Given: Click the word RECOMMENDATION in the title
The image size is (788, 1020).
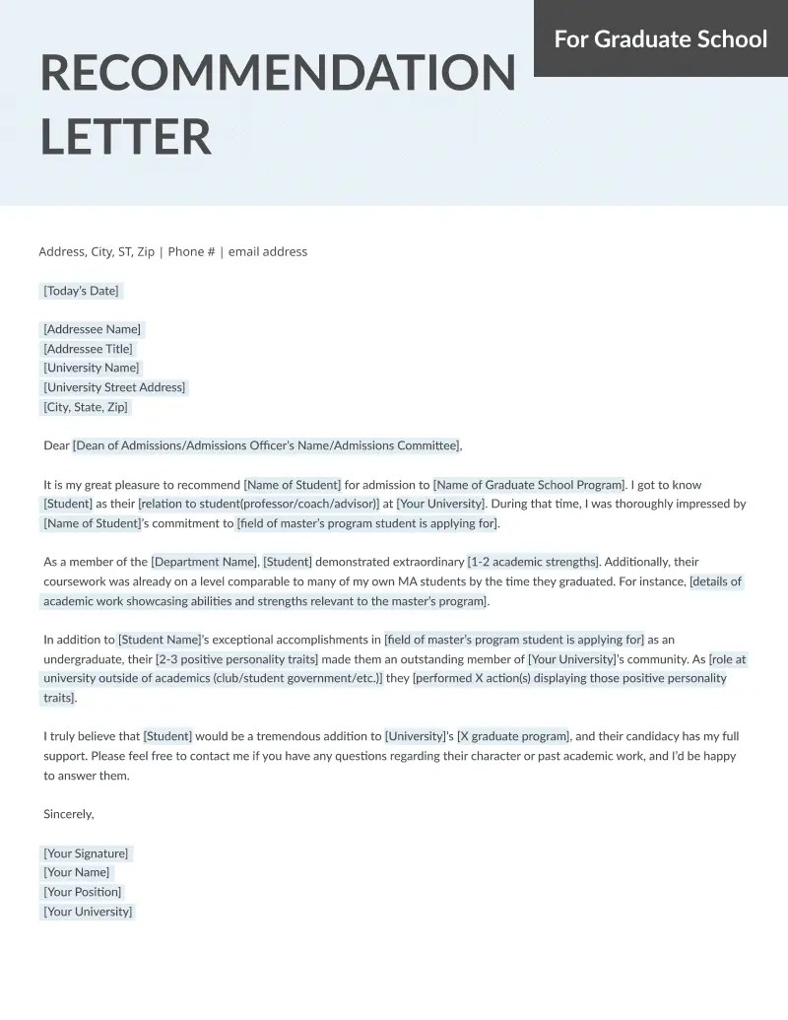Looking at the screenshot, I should click(278, 73).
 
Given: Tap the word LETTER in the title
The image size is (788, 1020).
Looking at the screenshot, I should click(126, 136).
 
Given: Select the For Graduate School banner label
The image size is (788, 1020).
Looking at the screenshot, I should click(660, 38).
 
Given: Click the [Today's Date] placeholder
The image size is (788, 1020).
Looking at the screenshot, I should click(81, 291).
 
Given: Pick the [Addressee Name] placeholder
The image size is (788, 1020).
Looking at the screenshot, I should click(92, 329).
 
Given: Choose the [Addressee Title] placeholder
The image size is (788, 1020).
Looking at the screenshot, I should click(88, 349).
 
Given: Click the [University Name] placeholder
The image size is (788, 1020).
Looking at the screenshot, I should click(92, 368).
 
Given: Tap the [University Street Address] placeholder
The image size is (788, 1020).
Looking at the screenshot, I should click(114, 387).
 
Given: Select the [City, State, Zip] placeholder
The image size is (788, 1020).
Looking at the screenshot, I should click(86, 407).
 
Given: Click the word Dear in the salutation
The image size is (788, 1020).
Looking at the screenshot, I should click(56, 445).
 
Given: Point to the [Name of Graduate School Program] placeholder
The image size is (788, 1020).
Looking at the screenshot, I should click(529, 485).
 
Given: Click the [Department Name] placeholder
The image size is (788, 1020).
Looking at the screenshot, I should click(204, 562).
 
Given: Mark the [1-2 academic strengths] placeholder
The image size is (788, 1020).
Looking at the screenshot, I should click(533, 562).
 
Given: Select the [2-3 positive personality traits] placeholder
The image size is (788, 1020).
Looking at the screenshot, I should click(236, 658).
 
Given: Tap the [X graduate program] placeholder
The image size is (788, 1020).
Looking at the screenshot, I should click(513, 736).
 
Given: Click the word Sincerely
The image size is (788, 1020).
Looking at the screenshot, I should click(69, 814).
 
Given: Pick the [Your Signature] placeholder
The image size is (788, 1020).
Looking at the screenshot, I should click(86, 853).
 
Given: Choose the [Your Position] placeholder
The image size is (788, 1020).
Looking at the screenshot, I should click(83, 892).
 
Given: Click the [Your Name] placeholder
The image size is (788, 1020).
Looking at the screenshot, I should click(77, 872).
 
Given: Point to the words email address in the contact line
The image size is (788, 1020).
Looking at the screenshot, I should click(268, 251).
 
